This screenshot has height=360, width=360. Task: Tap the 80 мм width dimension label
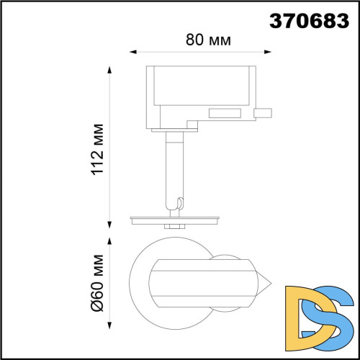[208, 40]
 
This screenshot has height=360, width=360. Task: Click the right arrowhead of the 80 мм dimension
[268, 52]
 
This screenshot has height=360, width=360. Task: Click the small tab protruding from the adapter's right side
[264, 112]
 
